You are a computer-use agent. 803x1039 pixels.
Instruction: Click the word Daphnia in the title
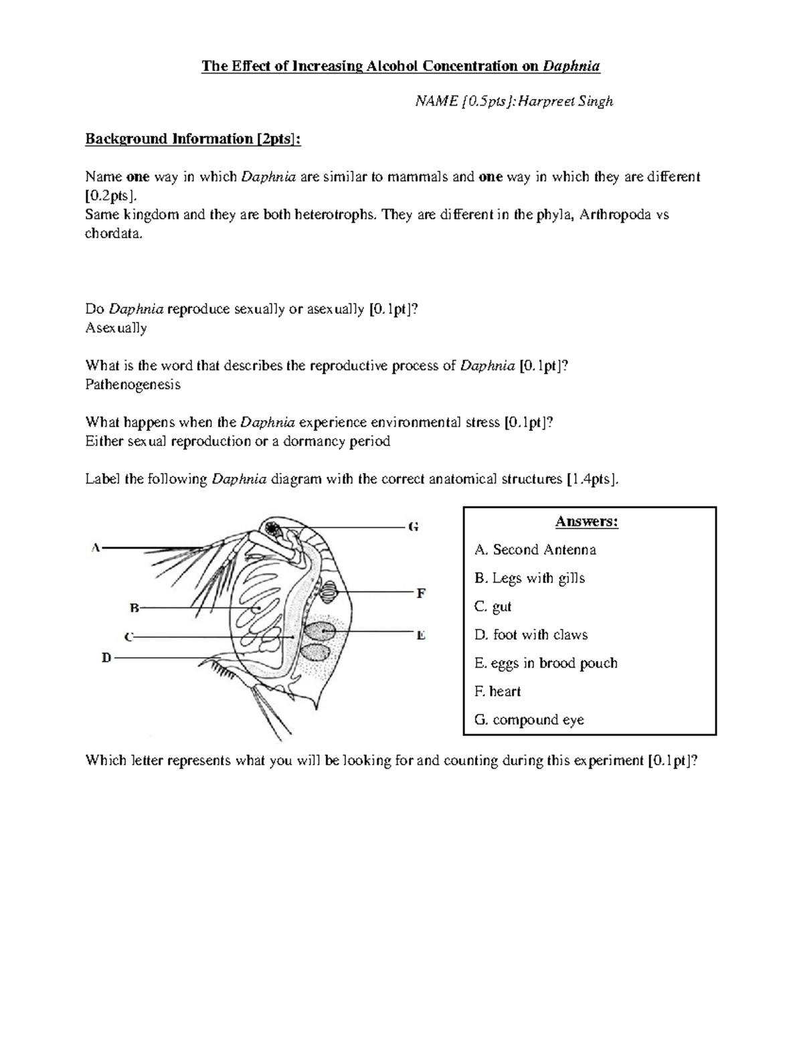tap(571, 66)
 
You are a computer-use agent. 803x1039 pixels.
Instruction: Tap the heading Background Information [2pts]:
tap(193, 139)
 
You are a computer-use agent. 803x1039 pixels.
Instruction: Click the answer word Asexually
tap(116, 328)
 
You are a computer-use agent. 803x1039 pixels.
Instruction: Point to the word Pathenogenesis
tap(132, 385)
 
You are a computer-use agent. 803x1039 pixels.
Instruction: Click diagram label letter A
tap(96, 548)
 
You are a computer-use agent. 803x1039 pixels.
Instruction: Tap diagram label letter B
tap(134, 608)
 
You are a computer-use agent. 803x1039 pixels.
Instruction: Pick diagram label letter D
tap(106, 658)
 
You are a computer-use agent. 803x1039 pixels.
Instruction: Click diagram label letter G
tap(414, 527)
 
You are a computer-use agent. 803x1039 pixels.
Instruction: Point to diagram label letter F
tap(421, 593)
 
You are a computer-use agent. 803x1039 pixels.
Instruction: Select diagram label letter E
tap(421, 636)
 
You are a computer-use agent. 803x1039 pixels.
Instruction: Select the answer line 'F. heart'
tap(497, 692)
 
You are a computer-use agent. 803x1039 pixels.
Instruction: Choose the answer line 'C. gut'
tap(493, 607)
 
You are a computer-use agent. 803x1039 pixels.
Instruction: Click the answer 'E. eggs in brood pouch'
tap(545, 663)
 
